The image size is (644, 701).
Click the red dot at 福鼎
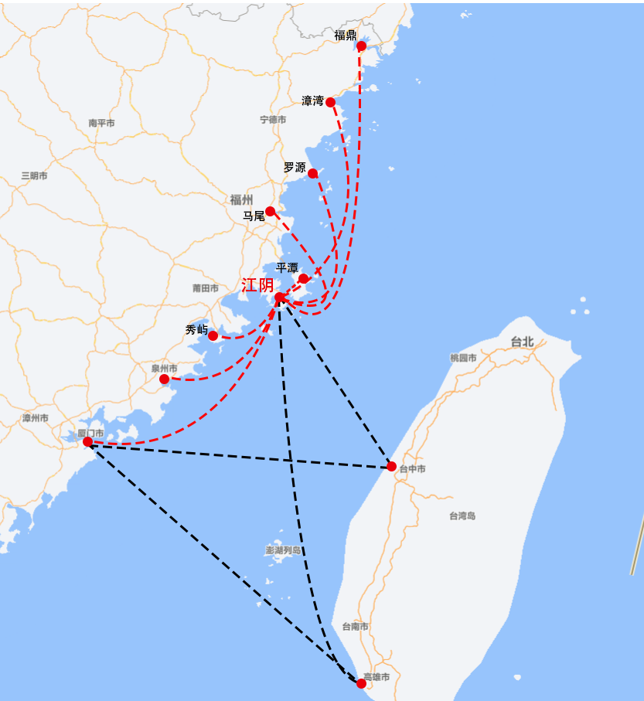coord(361,46)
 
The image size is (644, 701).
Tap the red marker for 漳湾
coord(330,102)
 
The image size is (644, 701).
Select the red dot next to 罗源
coord(312,173)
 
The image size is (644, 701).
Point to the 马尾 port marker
coord(270,211)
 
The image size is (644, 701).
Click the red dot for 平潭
coord(303,278)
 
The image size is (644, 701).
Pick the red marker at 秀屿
coord(213,335)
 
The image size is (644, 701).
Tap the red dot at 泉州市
coord(164,379)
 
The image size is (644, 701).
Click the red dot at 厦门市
coord(88,442)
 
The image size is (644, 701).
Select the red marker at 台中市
coord(391,466)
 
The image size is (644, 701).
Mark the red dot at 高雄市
coord(361,683)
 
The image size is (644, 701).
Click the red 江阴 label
coord(257,285)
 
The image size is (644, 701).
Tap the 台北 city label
coord(522,342)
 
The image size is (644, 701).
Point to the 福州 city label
coord(241,199)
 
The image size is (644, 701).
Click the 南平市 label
coord(101,123)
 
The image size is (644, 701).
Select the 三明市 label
coord(34,176)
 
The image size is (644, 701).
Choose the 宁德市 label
coord(273,120)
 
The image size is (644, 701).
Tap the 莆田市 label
coord(206,288)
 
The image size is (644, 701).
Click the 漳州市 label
coord(36,418)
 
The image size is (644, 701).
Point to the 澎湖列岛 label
coord(283,550)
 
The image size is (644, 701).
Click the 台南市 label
coord(355,627)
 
